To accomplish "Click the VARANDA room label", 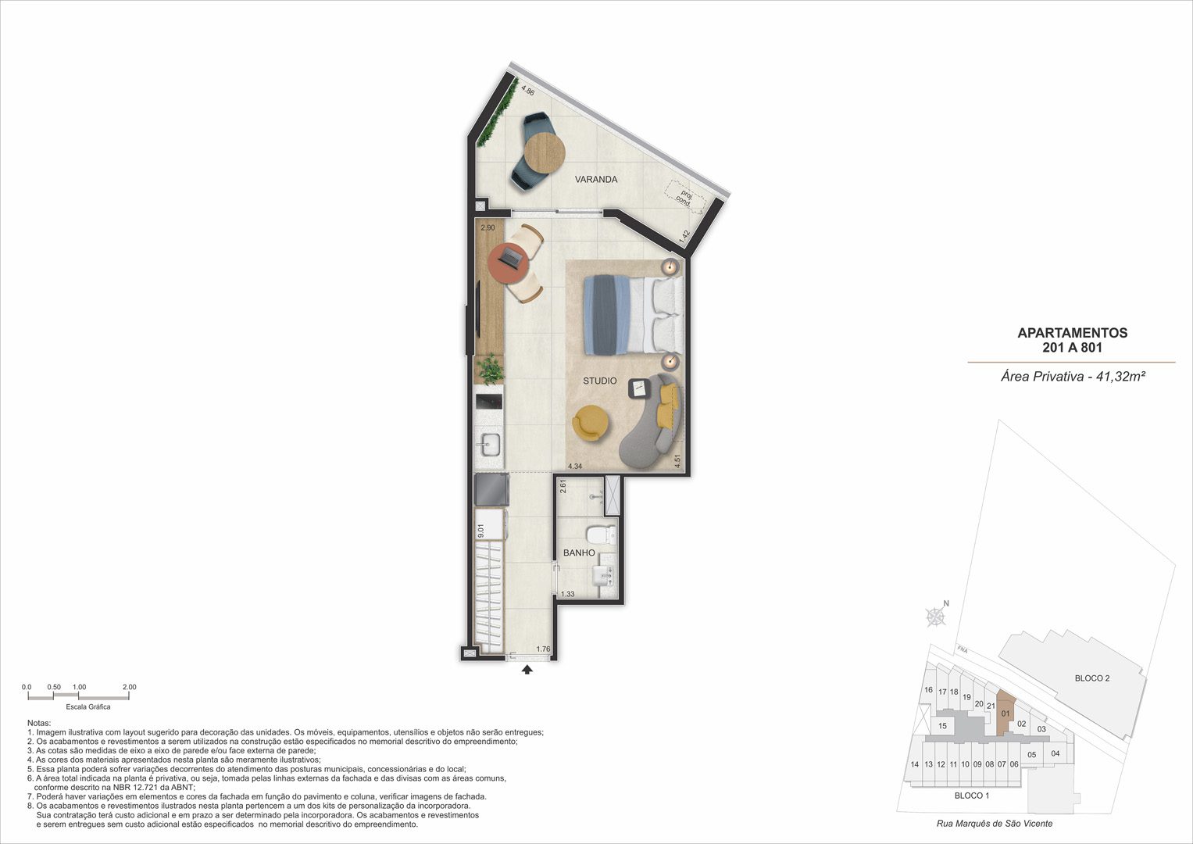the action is pos(596,180).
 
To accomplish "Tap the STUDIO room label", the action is pos(600,381).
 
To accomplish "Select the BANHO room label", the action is pos(579,553).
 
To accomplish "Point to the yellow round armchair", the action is pos(591,423).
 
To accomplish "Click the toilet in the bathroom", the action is pos(601,535).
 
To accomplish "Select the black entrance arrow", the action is pos(527,670).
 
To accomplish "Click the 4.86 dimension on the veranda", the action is pos(528,91).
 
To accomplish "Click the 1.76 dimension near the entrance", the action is pos(543,649).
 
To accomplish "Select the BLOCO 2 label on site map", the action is pos(1092,678).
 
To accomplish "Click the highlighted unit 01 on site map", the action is pos(1006,713).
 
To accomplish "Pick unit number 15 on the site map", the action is pos(943,726).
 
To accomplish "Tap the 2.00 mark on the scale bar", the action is pos(130,688).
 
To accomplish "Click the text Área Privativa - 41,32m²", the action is pos(1073,377).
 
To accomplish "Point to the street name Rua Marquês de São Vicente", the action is pos(995,823).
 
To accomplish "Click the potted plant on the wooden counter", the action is pos(118,369).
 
